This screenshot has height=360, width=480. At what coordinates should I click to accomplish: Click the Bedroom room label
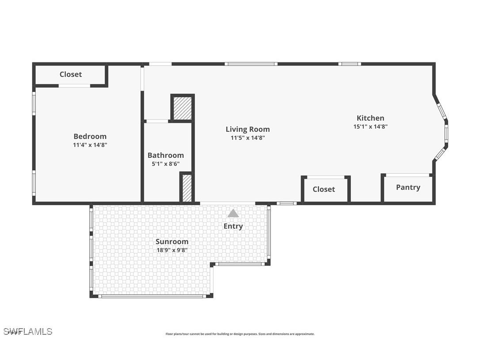point(90,136)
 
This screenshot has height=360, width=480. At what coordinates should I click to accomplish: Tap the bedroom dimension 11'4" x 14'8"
point(90,145)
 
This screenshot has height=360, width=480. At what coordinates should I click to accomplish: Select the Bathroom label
point(165,155)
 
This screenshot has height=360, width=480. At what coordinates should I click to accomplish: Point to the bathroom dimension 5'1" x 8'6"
point(165,164)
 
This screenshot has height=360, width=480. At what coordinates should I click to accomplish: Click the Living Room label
point(248,129)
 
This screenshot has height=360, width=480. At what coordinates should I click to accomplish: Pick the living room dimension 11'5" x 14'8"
point(248,138)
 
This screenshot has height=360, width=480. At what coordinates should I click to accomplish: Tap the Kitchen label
point(370,118)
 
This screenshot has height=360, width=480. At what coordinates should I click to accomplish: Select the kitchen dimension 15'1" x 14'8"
point(370,126)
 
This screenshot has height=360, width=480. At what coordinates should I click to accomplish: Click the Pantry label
point(408,187)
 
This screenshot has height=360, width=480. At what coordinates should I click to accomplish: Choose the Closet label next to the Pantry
point(324,189)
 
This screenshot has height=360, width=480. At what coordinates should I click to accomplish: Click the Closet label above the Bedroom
point(71,74)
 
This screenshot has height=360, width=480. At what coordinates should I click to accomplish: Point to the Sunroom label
point(171,241)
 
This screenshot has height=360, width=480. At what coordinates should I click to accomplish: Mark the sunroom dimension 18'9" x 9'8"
point(171,250)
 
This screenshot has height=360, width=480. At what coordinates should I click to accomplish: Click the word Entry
point(233,226)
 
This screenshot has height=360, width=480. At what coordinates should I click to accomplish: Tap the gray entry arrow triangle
point(233,214)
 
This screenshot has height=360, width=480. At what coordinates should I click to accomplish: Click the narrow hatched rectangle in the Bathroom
point(187,188)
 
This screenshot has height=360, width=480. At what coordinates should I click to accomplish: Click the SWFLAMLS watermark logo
point(27,331)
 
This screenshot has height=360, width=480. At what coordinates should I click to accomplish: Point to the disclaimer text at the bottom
point(240,334)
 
